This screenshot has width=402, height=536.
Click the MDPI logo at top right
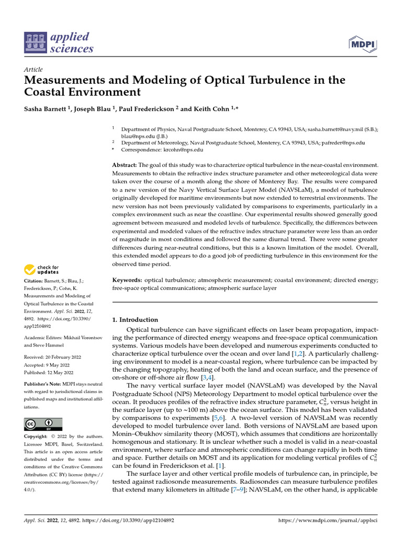pos(363,43)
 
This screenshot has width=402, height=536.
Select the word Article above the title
pos(33,70)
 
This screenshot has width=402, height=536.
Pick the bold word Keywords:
pos(128,280)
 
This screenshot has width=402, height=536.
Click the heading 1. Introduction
pos(135,319)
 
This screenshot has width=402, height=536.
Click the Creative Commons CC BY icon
pos(43,424)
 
